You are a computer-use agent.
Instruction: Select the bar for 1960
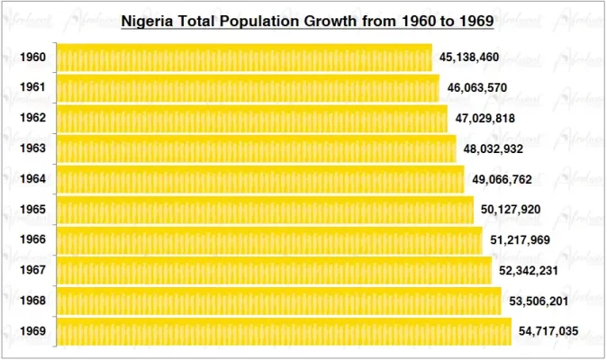pyautogui.click(x=244, y=57)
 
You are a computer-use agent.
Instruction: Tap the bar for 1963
pyautogui.click(x=257, y=148)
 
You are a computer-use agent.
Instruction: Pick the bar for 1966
pyautogui.click(x=269, y=240)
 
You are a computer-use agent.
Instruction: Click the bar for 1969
pyautogui.click(x=284, y=331)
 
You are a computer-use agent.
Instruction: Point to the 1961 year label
pyautogui.click(x=32, y=87)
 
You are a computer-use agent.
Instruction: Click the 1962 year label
pyautogui.click(x=32, y=118)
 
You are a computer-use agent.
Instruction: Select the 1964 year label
pyautogui.click(x=32, y=179)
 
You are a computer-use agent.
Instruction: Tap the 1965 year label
pyautogui.click(x=32, y=210)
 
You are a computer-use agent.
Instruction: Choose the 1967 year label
pyautogui.click(x=32, y=271)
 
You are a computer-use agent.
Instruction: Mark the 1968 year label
pyautogui.click(x=32, y=301)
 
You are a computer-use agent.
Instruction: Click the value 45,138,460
pyautogui.click(x=469, y=57)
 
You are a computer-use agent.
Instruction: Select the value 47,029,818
pyautogui.click(x=485, y=118)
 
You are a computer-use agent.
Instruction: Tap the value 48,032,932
pyautogui.click(x=494, y=148)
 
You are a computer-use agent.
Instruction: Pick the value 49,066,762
pyautogui.click(x=502, y=179)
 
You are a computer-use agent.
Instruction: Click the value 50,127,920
pyautogui.click(x=511, y=210)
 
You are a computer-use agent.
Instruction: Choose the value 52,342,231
pyautogui.click(x=529, y=271)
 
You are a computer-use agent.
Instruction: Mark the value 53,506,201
pyautogui.click(x=538, y=301)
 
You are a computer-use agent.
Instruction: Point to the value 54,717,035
pyautogui.click(x=548, y=331)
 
